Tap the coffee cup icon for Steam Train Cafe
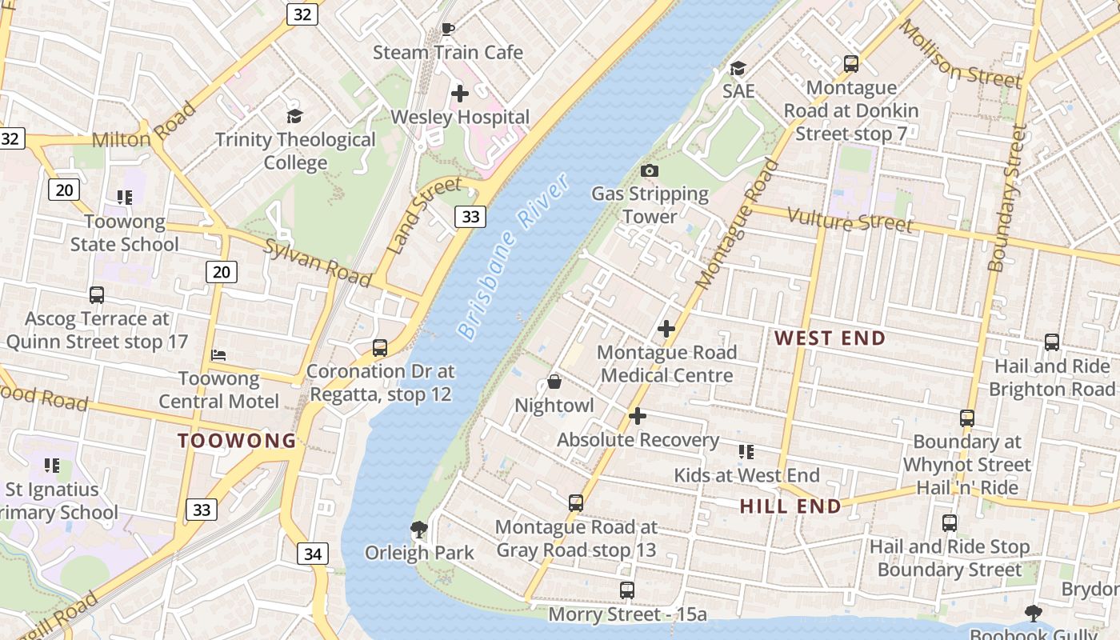(448, 30)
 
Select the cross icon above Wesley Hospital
(460, 94)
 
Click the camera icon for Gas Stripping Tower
(650, 170)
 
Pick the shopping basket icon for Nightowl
(554, 382)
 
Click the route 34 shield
(314, 553)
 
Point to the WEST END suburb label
(830, 338)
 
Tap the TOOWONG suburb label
(237, 440)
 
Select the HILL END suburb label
(790, 506)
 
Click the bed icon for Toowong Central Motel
(218, 354)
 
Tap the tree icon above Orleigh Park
(418, 529)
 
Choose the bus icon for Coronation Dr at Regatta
(380, 348)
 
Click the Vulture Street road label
(850, 219)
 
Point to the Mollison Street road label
(960, 54)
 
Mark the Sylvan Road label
(318, 262)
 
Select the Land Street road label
(423, 215)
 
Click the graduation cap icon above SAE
(738, 68)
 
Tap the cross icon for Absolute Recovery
(638, 416)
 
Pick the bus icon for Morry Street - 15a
(627, 590)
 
